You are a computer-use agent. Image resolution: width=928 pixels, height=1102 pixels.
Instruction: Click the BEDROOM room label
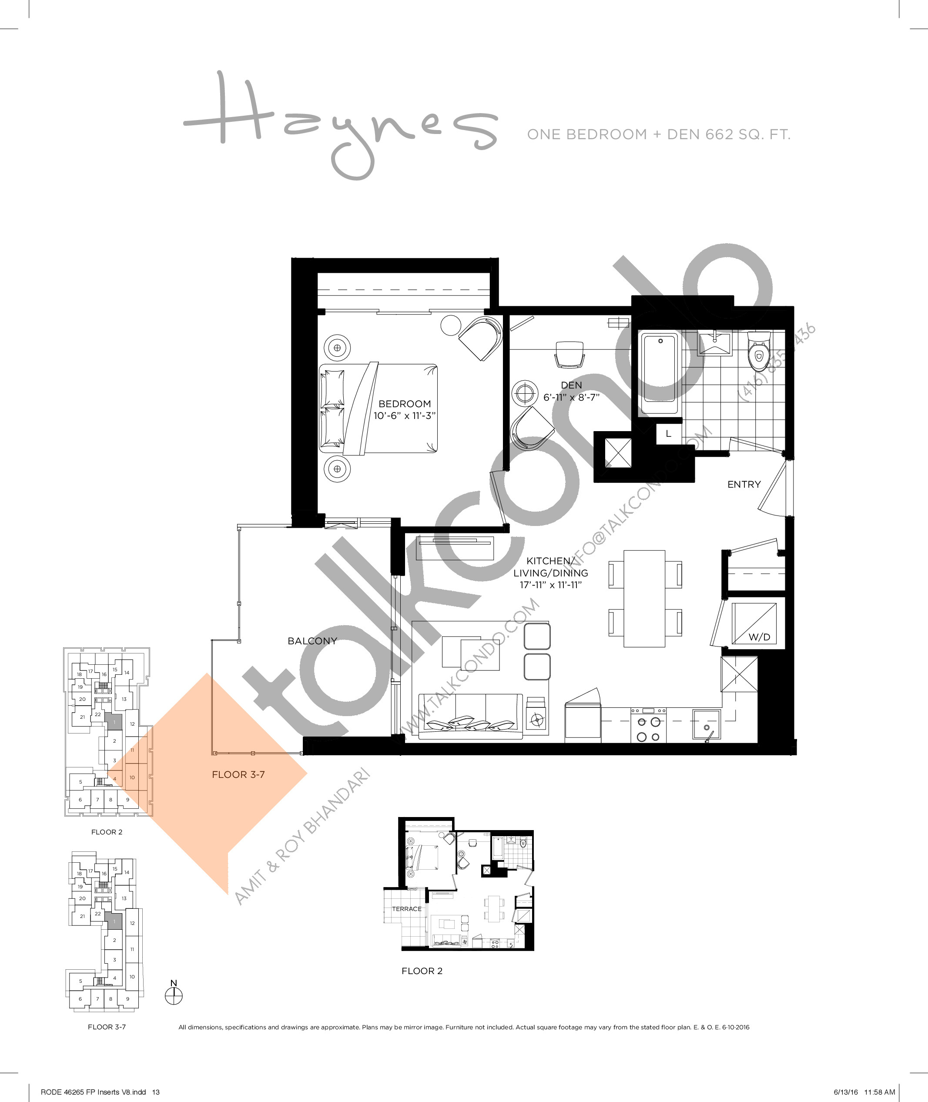coord(405,404)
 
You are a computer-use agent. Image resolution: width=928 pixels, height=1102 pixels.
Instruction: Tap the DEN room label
coord(571,385)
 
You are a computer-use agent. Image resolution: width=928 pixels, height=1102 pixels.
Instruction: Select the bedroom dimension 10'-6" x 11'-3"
coord(405,415)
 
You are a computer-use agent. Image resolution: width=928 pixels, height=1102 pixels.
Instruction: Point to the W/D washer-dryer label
coord(759,637)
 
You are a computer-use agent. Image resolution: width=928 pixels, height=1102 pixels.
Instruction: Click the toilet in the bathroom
coord(758,353)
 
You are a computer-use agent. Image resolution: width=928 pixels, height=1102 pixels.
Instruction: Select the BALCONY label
coord(312,641)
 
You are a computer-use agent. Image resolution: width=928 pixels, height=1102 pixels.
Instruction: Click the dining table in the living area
coord(644,599)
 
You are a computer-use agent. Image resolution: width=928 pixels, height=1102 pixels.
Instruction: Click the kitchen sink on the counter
coord(706,725)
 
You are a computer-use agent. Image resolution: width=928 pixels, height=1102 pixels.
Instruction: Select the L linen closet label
coord(668,434)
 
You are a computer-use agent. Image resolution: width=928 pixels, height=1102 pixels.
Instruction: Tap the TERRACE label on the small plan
coord(406,909)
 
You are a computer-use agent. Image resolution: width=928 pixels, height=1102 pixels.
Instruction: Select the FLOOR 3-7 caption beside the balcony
coord(238,774)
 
